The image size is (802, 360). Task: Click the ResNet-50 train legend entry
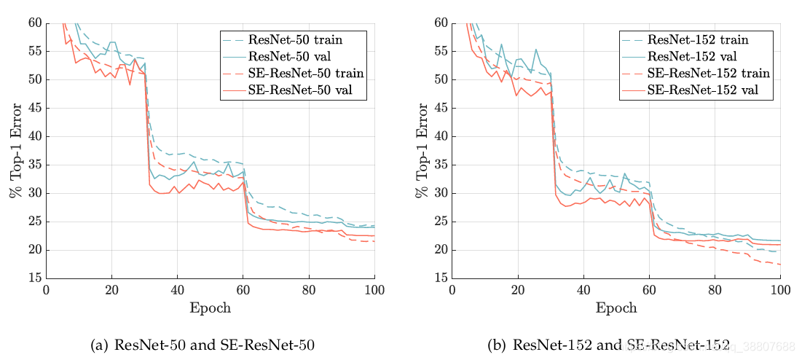[295, 39]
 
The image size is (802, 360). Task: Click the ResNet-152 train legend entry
[695, 39]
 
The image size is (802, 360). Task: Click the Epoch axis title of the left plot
[211, 308]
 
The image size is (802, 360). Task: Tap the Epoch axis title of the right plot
[616, 308]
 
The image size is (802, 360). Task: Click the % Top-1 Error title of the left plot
[14, 150]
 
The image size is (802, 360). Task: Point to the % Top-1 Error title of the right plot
[420, 150]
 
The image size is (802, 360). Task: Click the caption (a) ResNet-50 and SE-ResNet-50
[203, 345]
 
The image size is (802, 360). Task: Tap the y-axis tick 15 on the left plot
[34, 278]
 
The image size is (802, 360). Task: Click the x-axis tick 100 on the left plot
[374, 289]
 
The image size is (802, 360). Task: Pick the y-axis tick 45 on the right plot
[441, 108]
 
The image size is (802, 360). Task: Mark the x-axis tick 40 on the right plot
[583, 289]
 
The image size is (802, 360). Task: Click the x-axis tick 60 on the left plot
[243, 289]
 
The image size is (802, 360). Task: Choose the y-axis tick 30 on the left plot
[34, 193]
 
